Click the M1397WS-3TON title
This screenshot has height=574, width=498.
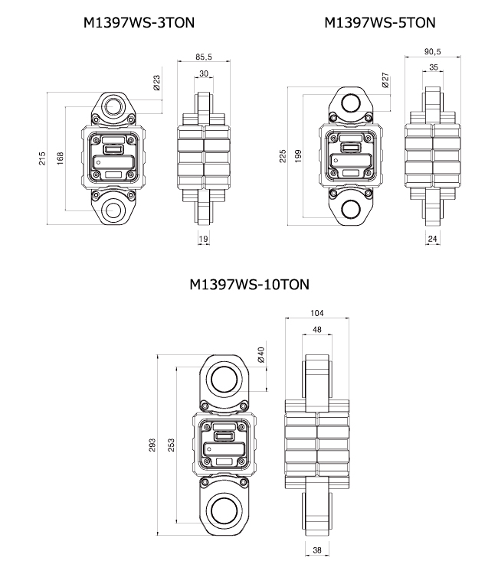click(139, 23)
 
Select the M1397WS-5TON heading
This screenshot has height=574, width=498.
click(380, 23)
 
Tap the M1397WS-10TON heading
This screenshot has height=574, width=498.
click(249, 285)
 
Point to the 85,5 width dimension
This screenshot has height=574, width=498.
click(204, 57)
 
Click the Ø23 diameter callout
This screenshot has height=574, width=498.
click(156, 83)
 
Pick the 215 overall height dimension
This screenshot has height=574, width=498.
click(42, 158)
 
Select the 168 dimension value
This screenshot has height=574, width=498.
click(61, 158)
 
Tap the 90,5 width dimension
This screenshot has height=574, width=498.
click(432, 52)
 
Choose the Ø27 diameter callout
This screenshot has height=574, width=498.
click(386, 80)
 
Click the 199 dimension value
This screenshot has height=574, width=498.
click(299, 156)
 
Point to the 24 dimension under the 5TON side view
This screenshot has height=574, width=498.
click(432, 239)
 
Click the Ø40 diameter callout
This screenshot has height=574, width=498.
click(261, 355)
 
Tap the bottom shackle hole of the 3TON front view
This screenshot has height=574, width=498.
click(114, 208)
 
